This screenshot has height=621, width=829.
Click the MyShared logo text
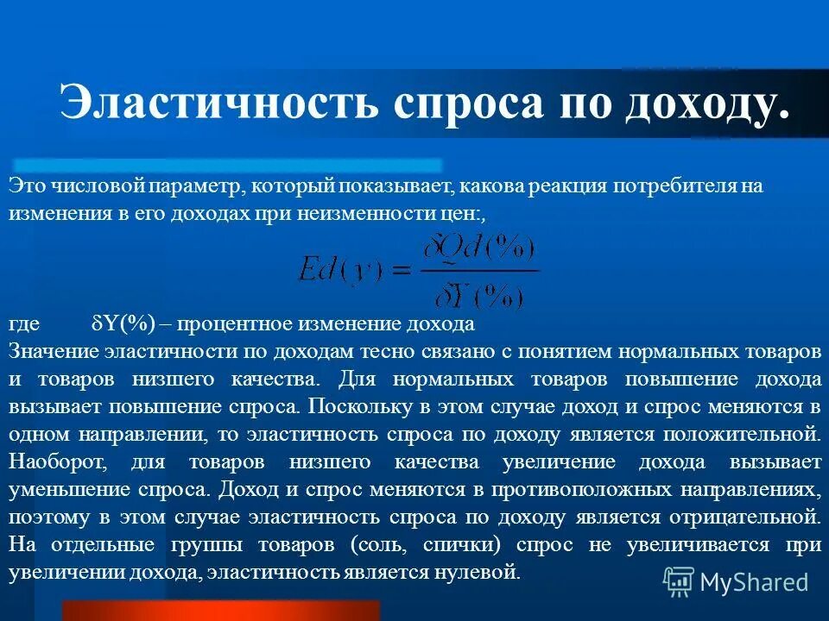(754, 581)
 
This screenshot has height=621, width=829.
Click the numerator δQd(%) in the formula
(480, 252)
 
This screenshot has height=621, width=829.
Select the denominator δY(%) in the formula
(480, 296)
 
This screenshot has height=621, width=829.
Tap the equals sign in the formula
(398, 271)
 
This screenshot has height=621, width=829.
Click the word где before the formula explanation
(24, 325)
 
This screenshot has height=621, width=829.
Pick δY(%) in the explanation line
(122, 325)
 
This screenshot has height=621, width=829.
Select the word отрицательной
(744, 517)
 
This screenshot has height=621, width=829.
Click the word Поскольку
(356, 407)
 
